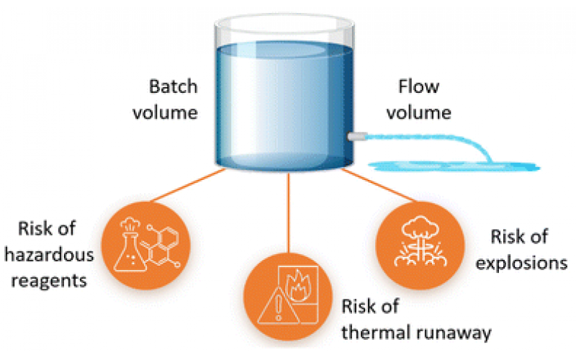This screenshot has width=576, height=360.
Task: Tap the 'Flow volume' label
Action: click(x=426, y=100)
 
